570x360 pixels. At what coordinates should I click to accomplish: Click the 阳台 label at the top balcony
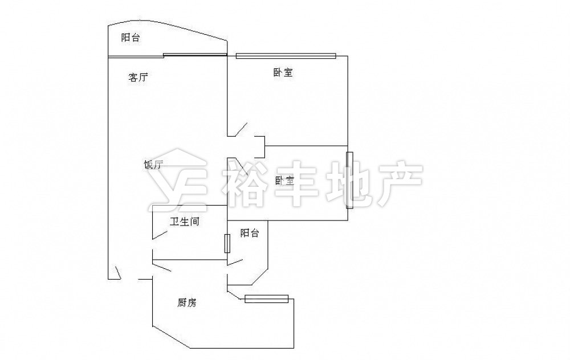click(130, 38)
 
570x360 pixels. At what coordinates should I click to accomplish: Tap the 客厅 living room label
click(138, 77)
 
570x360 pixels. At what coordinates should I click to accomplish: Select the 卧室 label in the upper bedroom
click(283, 72)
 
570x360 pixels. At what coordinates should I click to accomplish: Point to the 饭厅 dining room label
click(153, 165)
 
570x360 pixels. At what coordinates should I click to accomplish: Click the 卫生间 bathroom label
click(185, 221)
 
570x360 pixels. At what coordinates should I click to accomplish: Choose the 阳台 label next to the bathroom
click(250, 233)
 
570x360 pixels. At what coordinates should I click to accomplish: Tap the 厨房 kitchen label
click(187, 302)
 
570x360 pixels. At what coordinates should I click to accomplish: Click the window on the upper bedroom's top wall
click(286, 56)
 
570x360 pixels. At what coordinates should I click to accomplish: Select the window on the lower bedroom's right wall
click(350, 180)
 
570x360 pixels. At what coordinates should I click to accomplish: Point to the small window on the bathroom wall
click(227, 244)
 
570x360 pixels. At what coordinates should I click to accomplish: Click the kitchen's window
click(266, 299)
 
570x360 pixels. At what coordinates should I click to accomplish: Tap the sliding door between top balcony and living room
click(195, 55)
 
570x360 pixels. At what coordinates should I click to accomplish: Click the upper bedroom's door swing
click(241, 130)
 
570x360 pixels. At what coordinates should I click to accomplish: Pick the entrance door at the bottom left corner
click(118, 273)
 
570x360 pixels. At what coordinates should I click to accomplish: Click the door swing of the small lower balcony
click(235, 262)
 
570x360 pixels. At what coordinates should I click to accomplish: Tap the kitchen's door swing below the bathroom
click(162, 267)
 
